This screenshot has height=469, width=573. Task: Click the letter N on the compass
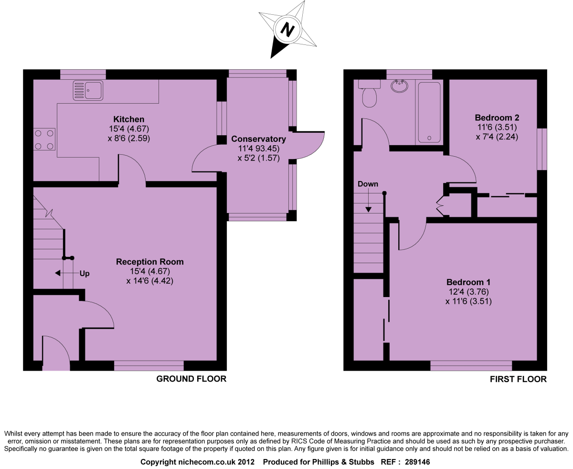pyautogui.click(x=287, y=30)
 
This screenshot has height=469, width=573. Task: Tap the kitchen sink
pyautogui.click(x=88, y=91)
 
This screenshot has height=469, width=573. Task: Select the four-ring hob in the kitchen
pyautogui.click(x=44, y=139)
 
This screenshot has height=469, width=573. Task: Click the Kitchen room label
pyautogui.click(x=128, y=119)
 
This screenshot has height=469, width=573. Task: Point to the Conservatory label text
pyautogui.click(x=258, y=139)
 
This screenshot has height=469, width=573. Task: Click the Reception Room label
pyautogui.click(x=149, y=262)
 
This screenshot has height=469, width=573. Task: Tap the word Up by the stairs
pyautogui.click(x=85, y=274)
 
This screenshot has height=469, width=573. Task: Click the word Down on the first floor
pyautogui.click(x=368, y=184)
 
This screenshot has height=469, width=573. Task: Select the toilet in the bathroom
pyautogui.click(x=369, y=96)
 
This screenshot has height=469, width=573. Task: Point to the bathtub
pyautogui.click(x=429, y=112)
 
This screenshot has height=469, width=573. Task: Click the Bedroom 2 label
pyautogui.click(x=497, y=117)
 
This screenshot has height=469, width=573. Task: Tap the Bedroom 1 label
pyautogui.click(x=468, y=282)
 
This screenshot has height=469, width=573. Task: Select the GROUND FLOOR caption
pyautogui.click(x=191, y=379)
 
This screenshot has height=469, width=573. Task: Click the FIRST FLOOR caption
pyautogui.click(x=518, y=379)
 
